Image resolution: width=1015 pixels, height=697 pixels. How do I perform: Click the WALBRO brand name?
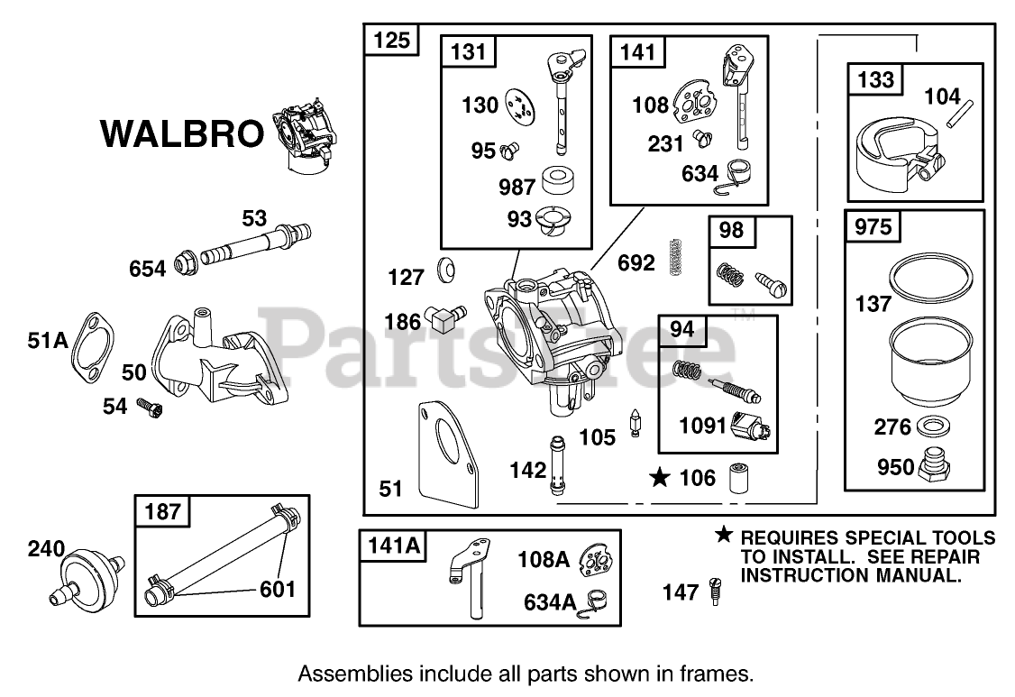[180, 133]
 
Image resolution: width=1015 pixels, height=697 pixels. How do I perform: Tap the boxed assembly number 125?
[391, 40]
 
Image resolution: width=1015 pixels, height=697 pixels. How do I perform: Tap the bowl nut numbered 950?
[937, 467]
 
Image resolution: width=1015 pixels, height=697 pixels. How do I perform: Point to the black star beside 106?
[661, 477]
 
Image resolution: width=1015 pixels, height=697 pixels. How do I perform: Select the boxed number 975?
[873, 226]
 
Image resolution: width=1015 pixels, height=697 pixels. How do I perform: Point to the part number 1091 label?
[703, 425]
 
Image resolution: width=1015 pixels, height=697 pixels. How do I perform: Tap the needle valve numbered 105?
[635, 422]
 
